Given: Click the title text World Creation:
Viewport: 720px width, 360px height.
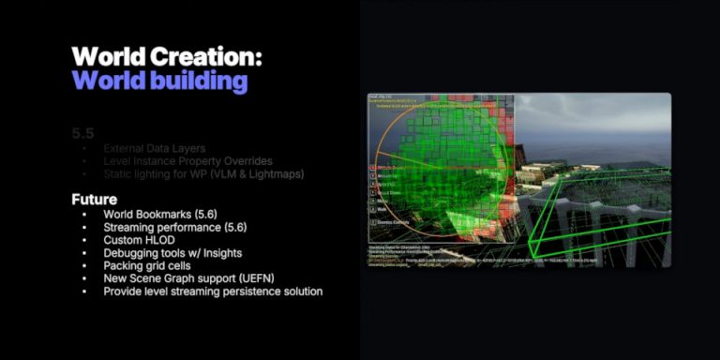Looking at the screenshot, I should click(x=166, y=55).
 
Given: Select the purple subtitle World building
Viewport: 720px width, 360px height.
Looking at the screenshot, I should click(x=159, y=81).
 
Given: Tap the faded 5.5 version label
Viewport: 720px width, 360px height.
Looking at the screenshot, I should click(x=82, y=133).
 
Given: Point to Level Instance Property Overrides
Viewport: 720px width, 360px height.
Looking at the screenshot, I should click(x=188, y=161).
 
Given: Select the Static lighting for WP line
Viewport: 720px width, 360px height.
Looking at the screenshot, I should click(x=203, y=174).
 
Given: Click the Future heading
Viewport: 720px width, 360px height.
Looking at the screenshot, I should click(x=95, y=200).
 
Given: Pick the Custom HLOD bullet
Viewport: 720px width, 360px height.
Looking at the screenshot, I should click(x=140, y=240).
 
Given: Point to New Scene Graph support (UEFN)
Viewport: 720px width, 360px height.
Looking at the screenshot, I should click(x=194, y=278).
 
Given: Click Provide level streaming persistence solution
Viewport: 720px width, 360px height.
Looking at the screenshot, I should click(x=213, y=292).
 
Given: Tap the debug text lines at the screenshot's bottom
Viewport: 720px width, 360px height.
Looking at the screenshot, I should click(x=450, y=256).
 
